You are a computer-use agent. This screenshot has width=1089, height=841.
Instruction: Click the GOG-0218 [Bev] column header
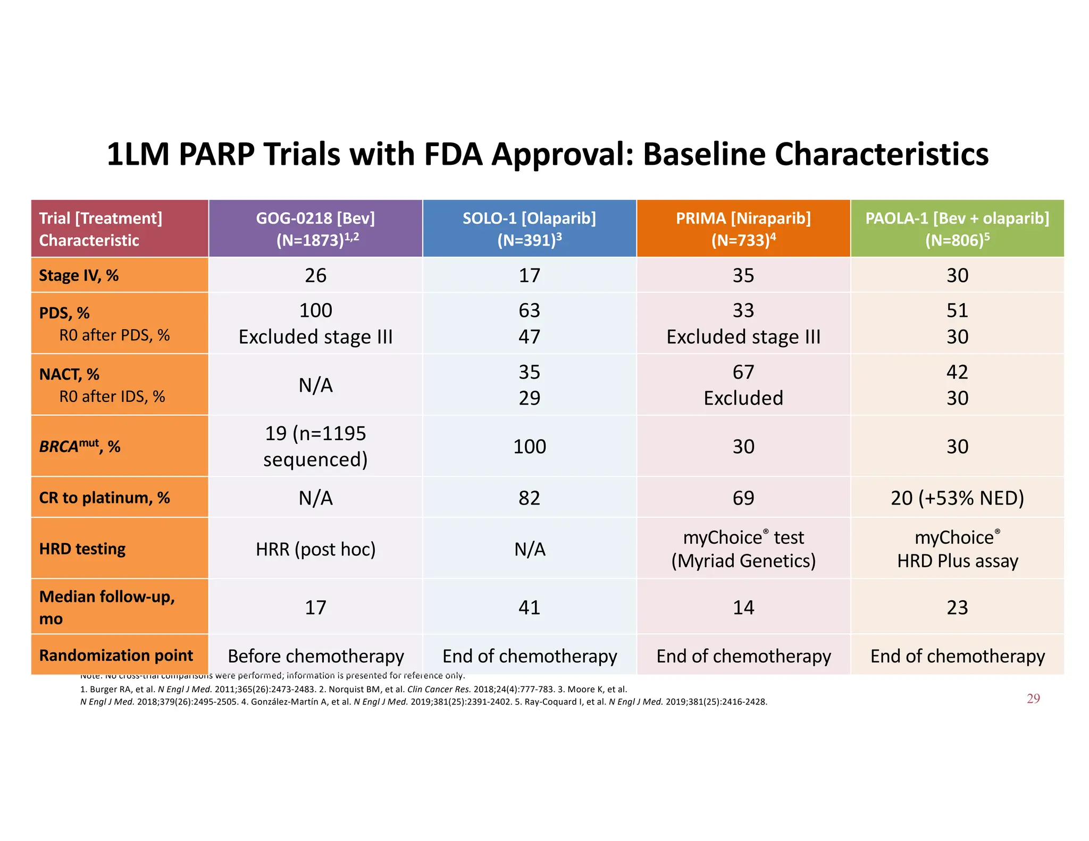pyautogui.click(x=315, y=229)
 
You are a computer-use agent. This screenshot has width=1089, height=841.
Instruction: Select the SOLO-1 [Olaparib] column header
pyautogui.click(x=529, y=229)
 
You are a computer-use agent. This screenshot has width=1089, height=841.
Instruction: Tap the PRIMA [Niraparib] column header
pyautogui.click(x=743, y=229)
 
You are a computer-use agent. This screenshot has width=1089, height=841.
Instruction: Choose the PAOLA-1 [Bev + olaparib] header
pyautogui.click(x=957, y=229)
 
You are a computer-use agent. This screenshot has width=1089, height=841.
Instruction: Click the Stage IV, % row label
pyautogui.click(x=79, y=275)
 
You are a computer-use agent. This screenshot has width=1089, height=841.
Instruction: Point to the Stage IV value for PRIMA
pyautogui.click(x=743, y=275)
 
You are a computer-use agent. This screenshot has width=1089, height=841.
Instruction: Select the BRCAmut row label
pyautogui.click(x=80, y=446)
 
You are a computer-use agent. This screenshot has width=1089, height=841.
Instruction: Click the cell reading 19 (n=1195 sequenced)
pyautogui.click(x=315, y=446)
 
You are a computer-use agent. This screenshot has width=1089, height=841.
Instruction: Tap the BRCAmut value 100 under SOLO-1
pyautogui.click(x=529, y=446)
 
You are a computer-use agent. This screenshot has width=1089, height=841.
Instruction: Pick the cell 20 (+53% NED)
pyautogui.click(x=957, y=498)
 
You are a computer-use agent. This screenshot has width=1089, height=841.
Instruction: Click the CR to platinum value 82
pyautogui.click(x=529, y=498)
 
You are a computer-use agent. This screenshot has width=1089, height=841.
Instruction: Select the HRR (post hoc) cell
pyautogui.click(x=315, y=549)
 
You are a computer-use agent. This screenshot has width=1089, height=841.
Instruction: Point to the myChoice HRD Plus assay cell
pyautogui.click(x=957, y=549)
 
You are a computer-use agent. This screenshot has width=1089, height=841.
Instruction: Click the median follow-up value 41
pyautogui.click(x=529, y=607)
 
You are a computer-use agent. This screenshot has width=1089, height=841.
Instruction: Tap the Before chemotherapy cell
pyautogui.click(x=315, y=656)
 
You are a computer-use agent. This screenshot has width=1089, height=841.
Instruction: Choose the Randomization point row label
pyautogui.click(x=116, y=655)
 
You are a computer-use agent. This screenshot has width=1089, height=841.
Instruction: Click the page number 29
pyautogui.click(x=1033, y=699)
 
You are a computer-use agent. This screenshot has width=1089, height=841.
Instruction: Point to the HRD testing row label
pyautogui.click(x=82, y=549)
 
